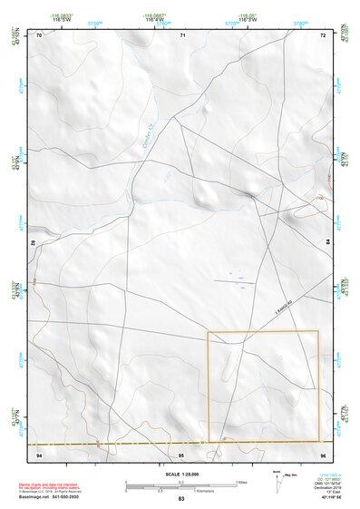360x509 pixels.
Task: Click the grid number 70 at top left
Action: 39,35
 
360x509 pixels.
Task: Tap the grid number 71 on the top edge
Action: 182,35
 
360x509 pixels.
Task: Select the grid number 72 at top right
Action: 323,35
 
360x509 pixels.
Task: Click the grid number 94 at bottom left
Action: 39,452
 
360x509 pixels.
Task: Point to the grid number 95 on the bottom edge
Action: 181,452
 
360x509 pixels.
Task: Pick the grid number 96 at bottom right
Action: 323,452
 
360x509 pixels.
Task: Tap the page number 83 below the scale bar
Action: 181,499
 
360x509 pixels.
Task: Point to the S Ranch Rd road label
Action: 287,309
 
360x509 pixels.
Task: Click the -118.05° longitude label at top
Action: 247,15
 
